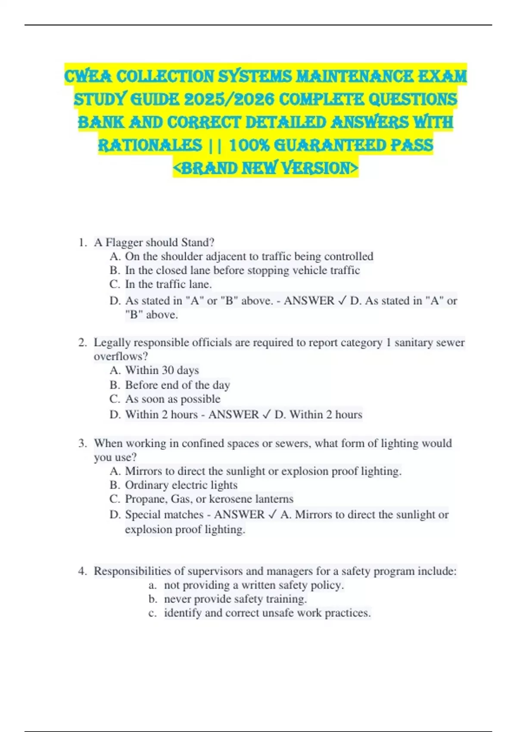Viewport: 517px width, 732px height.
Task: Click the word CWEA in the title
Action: pos(88,76)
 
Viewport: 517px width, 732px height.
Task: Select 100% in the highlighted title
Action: pos(249,145)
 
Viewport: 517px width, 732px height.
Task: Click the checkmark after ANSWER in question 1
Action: pos(342,301)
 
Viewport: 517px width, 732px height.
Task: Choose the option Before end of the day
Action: pos(177,385)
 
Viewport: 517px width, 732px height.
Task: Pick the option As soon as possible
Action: pos(172,399)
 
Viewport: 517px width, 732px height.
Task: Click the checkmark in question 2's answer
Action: pos(267,415)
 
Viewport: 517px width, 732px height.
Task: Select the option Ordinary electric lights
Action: pos(181,485)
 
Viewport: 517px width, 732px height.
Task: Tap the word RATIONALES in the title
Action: pos(150,145)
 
